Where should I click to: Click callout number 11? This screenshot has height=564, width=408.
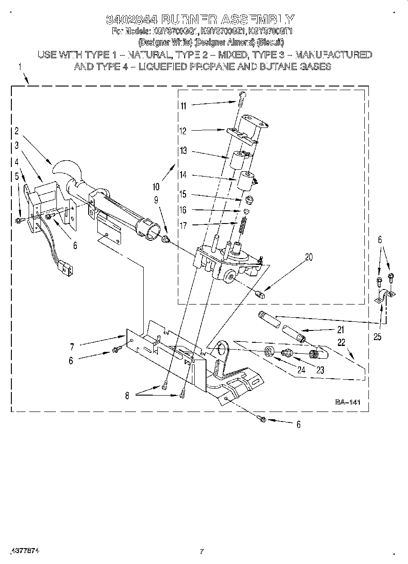(x=183, y=106)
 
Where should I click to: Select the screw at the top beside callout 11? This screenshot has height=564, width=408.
(x=241, y=96)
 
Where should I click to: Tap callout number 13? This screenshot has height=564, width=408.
(x=183, y=151)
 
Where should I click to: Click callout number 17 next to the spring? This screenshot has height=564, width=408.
(x=183, y=224)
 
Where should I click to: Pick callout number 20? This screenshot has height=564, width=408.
(x=309, y=257)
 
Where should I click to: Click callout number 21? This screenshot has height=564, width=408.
(x=341, y=330)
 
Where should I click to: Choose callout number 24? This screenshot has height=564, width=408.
(x=301, y=370)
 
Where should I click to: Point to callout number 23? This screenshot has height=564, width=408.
(x=320, y=370)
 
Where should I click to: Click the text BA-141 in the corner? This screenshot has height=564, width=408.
(x=348, y=402)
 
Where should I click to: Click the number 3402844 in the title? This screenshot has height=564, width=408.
(x=132, y=20)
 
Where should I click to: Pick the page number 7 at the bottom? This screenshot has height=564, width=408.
(x=201, y=552)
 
